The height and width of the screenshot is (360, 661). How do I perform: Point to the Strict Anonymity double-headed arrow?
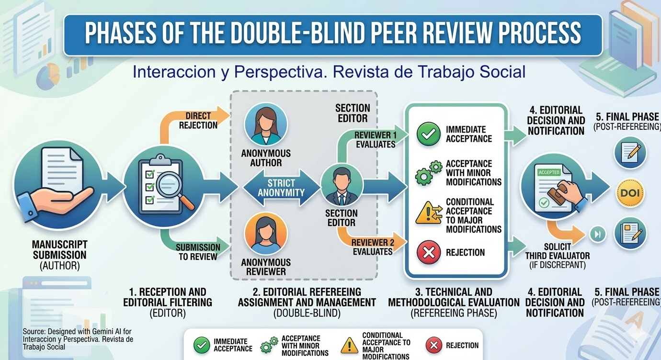pyautogui.click(x=281, y=188)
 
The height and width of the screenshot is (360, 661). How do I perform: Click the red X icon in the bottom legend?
pyautogui.click(x=434, y=345)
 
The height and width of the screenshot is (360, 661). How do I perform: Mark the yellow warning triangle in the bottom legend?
pyautogui.click(x=349, y=345)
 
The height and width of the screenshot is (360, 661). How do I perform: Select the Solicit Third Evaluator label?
pyautogui.click(x=558, y=251)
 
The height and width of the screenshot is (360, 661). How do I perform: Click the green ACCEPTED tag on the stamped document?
pyautogui.click(x=549, y=172)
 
